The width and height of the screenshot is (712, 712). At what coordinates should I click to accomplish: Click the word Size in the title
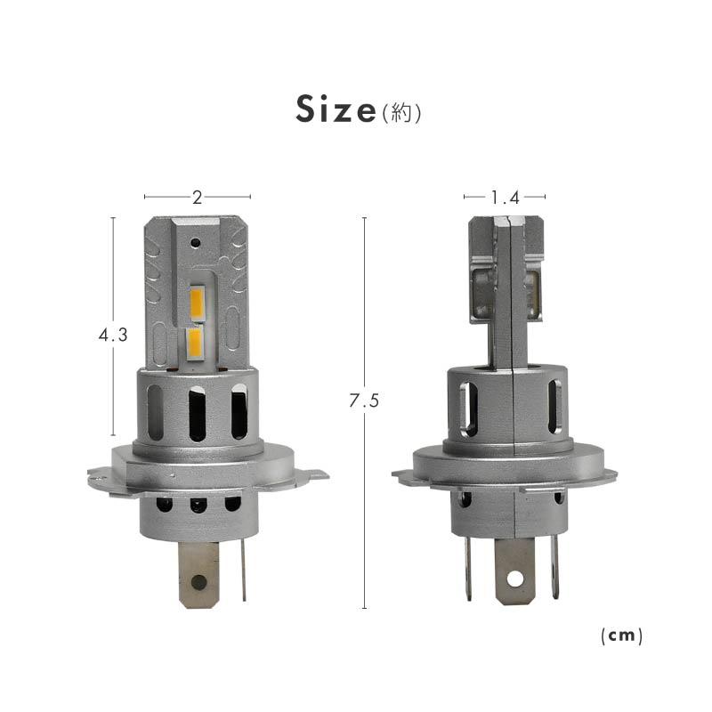pos(336,110)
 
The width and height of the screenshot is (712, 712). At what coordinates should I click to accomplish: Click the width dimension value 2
pos(197,197)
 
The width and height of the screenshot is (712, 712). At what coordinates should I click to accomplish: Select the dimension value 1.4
pos(504,197)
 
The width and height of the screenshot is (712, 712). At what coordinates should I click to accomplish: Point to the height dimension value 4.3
pos(113,336)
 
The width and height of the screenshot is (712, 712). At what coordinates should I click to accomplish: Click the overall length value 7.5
pos(365,401)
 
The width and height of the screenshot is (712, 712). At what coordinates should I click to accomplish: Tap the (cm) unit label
pos(620,635)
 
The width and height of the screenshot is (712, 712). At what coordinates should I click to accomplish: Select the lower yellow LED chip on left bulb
pos(196,341)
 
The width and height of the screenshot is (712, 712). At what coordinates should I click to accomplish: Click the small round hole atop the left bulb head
pos(196,240)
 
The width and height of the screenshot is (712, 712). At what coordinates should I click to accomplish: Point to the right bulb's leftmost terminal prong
pos(467,565)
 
